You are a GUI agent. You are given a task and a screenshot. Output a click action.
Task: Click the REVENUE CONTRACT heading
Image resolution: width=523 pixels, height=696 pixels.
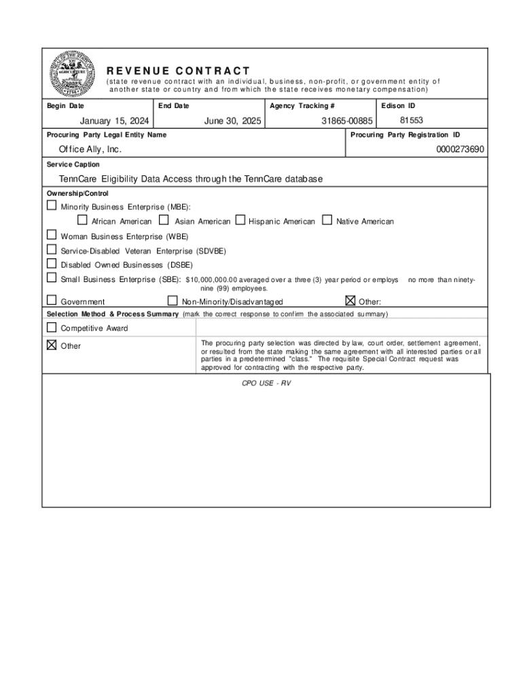(x=178, y=71)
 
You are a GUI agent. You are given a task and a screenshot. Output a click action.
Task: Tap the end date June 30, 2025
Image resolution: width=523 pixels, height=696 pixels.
(x=233, y=121)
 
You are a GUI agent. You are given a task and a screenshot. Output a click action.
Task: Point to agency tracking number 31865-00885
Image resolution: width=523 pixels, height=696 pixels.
(x=347, y=121)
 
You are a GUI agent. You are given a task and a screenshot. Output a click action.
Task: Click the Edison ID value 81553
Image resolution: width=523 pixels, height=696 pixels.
(x=412, y=120)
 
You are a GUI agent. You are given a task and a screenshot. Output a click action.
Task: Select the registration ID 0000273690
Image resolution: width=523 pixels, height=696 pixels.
(x=461, y=149)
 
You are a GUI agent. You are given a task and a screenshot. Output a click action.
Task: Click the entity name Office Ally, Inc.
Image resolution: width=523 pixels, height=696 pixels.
(x=90, y=149)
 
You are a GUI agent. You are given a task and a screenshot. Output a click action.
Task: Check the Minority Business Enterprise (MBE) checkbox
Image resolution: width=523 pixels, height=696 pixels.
(x=52, y=205)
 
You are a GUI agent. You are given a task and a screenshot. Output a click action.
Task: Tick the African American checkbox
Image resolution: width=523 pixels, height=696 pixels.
(x=82, y=220)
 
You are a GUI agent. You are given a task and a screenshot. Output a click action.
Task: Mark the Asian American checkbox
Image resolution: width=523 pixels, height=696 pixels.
(x=164, y=220)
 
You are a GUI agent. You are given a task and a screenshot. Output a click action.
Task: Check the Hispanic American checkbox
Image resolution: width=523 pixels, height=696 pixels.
(x=240, y=220)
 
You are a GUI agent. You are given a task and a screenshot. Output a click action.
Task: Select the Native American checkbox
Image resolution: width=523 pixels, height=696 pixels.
(x=327, y=220)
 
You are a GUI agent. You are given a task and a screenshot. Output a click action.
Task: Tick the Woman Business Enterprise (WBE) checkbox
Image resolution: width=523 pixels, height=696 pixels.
(x=52, y=235)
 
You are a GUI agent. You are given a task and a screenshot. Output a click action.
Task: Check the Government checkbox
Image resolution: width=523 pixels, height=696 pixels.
(x=52, y=300)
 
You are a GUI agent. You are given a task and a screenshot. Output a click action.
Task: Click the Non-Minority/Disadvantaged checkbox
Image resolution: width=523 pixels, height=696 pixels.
(x=173, y=300)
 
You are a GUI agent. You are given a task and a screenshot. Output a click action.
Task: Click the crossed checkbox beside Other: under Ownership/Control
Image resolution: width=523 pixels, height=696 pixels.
(x=350, y=300)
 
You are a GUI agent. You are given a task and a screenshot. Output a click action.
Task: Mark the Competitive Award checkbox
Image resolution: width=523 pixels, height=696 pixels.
(x=52, y=328)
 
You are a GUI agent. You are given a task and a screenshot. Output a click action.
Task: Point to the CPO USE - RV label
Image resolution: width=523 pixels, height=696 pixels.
(x=266, y=383)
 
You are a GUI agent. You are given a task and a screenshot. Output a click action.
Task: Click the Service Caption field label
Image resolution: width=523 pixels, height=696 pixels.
(x=73, y=164)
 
